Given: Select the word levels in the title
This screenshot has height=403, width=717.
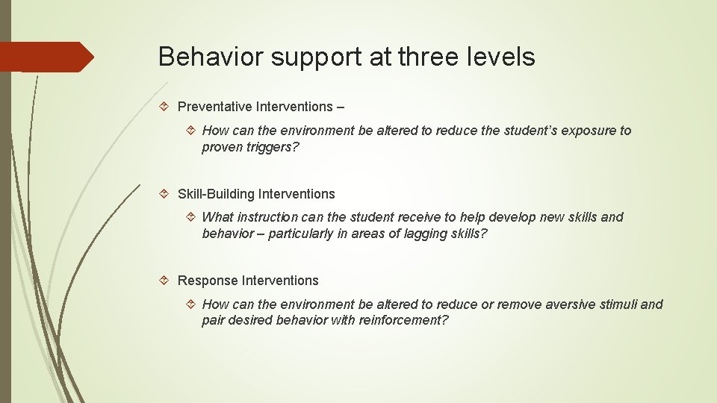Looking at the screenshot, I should coord(500,57).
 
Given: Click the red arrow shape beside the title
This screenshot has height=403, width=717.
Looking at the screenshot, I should coord(46,57).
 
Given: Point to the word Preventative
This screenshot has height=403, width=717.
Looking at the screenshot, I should coord(216,107).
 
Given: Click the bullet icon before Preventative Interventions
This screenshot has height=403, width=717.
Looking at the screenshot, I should coord(167,107).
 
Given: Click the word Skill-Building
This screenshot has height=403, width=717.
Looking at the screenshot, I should coord(216,194).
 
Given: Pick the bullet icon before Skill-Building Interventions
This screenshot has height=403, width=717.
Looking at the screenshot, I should coord(167,194).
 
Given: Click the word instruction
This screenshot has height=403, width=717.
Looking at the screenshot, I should coord(272,217).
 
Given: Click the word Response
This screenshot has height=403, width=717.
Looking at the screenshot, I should coord(208,281).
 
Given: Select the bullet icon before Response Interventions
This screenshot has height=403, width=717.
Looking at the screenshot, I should coord(167,281).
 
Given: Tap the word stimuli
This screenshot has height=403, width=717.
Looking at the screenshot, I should coord(618,304).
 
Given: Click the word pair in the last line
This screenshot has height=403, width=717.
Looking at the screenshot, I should coord(213,320).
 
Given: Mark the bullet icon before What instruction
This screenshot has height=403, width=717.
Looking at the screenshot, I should coord(191,217).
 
